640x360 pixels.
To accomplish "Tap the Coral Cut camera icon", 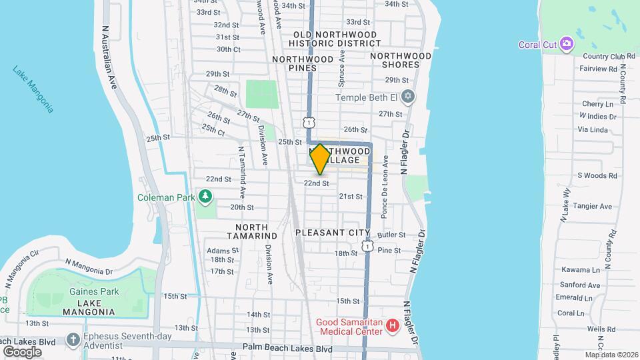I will [566, 44].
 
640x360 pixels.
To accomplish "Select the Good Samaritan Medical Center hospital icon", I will [393, 326].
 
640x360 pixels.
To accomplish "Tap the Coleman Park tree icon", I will [206, 197].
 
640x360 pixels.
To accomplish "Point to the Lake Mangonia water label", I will [33, 89].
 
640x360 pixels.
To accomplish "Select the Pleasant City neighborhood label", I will [332, 233].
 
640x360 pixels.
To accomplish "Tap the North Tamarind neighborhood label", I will [251, 231].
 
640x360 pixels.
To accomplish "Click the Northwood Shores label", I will [401, 60].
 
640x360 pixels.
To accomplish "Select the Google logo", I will [22, 351].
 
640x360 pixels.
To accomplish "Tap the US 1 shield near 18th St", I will [367, 246].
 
